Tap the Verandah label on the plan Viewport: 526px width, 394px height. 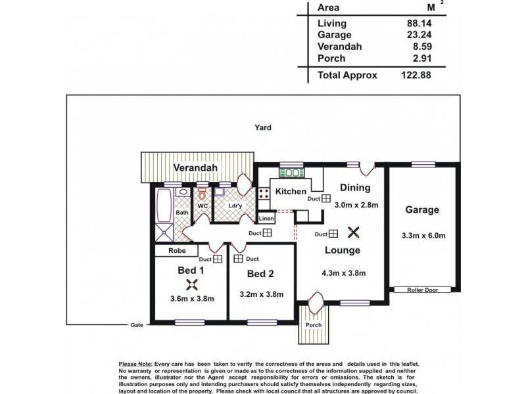click(x=195, y=168)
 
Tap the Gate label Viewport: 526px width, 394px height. click(x=137, y=324)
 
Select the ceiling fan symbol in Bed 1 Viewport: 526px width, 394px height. click(x=191, y=284)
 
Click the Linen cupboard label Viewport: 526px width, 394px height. click(x=266, y=219)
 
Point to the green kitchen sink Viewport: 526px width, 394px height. click(x=290, y=173)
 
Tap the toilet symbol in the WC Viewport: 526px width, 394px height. click(x=203, y=196)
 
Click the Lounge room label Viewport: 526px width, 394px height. click(x=341, y=250)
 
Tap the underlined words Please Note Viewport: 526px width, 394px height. click(x=134, y=363)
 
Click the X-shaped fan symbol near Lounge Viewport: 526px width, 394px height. click(x=353, y=232)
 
